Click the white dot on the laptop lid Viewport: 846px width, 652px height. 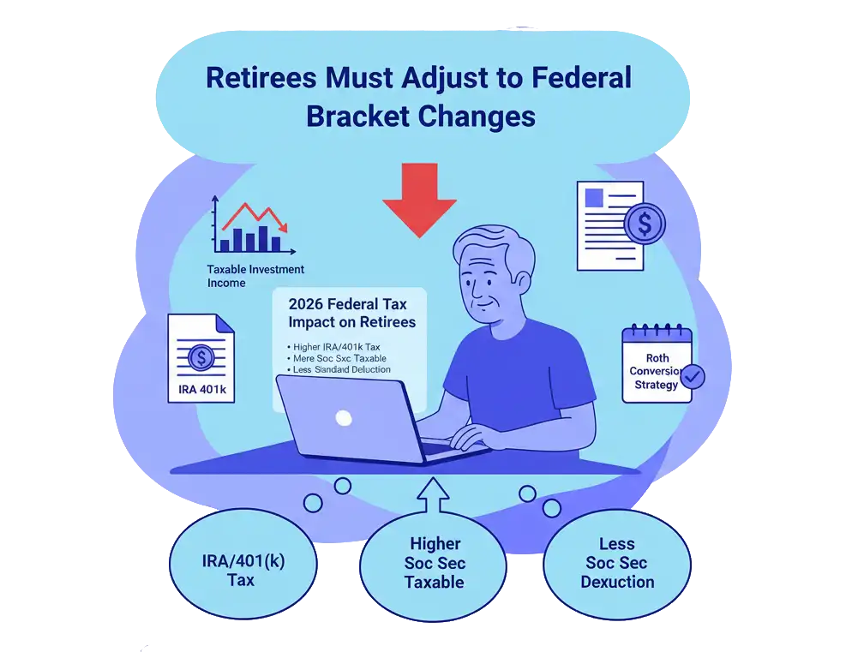click(344, 418)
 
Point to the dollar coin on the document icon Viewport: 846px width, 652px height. click(645, 224)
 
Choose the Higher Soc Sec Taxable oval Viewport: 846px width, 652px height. click(435, 563)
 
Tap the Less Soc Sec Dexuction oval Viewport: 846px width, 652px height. click(617, 563)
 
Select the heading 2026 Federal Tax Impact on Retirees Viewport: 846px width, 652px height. click(351, 313)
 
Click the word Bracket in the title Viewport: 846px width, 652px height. click(362, 116)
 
